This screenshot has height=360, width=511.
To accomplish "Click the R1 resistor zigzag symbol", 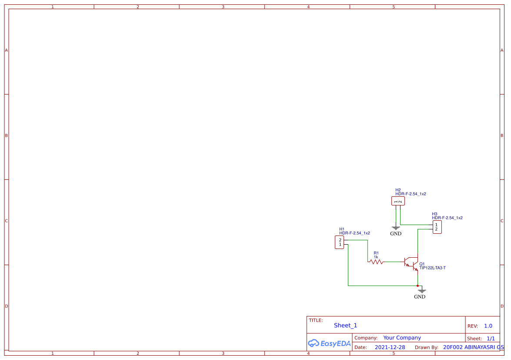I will (376, 262).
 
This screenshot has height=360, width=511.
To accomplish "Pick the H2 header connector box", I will (398, 201).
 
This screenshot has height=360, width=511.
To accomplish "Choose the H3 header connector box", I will (437, 227).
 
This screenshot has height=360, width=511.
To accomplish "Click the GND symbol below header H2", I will (396, 228).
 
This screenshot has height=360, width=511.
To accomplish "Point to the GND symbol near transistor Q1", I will (420, 291).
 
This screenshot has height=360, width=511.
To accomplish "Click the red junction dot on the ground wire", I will (417, 286).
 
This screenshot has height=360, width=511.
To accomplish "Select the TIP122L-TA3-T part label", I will (432, 268).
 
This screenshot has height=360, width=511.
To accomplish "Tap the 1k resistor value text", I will (376, 257).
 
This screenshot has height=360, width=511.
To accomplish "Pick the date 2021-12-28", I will (390, 347).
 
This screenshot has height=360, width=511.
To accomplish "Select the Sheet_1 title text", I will (345, 325).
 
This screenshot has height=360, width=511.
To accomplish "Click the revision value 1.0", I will (488, 326).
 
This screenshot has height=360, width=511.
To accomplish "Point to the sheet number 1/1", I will (491, 338).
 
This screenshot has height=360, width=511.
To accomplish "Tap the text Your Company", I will (402, 338).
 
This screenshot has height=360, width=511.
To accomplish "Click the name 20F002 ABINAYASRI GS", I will (473, 347).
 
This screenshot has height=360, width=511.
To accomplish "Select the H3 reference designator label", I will (434, 214).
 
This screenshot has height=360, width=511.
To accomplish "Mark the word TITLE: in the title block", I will (316, 320).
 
